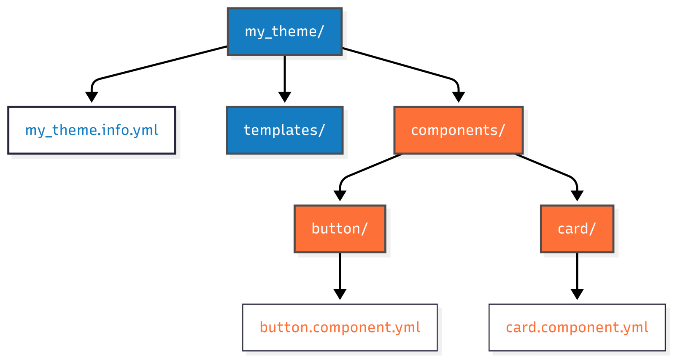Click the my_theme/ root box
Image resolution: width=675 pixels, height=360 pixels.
click(285, 32)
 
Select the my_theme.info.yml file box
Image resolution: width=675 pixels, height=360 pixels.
click(92, 130)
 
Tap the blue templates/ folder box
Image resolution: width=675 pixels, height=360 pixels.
click(285, 130)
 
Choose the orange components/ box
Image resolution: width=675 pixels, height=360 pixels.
click(458, 130)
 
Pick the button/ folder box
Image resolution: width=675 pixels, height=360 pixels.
click(340, 229)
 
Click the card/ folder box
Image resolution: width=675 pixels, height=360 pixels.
click(577, 229)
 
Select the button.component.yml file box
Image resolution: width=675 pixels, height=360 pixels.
click(340, 328)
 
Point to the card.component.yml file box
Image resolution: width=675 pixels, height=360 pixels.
click(577, 328)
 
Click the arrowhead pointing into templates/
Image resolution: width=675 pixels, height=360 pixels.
click(285, 97)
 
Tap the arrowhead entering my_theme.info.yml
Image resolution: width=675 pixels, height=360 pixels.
click(92, 97)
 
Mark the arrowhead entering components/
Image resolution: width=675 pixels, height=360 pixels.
click(459, 97)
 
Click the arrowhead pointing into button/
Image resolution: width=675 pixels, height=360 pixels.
click(340, 195)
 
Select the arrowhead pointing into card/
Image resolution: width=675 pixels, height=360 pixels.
click(577, 195)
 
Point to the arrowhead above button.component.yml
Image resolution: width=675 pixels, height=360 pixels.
click(340, 294)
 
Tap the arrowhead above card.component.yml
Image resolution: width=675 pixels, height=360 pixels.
click(577, 294)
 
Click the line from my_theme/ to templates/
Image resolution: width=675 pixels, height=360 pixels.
click(285, 74)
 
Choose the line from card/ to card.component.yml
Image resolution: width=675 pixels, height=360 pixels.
click(577, 270)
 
